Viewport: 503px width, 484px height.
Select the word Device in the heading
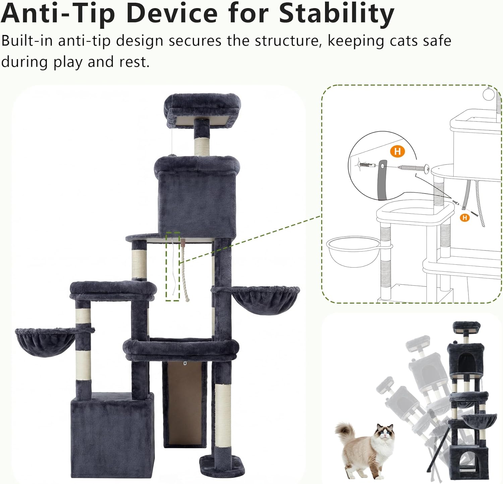[172, 13]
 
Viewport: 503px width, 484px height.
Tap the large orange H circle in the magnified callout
[397, 152]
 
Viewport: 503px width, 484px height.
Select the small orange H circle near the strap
[464, 218]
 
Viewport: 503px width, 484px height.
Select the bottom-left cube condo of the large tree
[112, 436]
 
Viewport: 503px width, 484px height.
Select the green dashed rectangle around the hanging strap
[173, 266]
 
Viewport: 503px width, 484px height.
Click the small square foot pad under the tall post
[222, 464]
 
